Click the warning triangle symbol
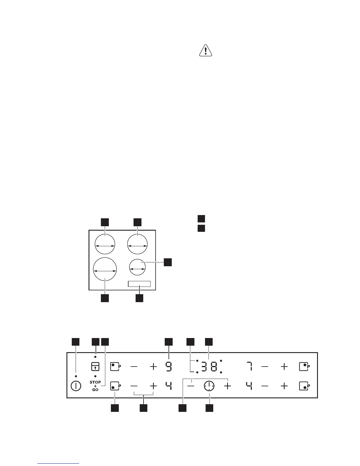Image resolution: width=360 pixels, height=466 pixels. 206,51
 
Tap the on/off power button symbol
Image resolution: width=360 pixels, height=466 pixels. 76,386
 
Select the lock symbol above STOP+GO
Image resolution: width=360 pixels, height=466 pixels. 95,367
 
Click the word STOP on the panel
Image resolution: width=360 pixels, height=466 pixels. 95,382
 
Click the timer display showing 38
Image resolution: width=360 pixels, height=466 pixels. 209,367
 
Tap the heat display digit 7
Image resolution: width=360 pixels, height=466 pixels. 249,367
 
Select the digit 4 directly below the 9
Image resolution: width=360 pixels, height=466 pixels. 169,386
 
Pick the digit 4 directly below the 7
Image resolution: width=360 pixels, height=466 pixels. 249,386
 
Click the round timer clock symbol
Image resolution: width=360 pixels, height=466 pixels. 209,386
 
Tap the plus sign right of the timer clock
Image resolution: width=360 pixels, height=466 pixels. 228,386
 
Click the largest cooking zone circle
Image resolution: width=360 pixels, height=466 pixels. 105,269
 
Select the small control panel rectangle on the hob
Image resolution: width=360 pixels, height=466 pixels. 139,284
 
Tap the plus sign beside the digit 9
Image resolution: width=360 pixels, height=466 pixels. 153,367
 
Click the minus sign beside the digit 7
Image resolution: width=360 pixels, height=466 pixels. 265,367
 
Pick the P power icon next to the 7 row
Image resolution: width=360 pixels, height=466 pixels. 304,367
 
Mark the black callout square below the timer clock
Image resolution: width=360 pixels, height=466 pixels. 209,408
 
